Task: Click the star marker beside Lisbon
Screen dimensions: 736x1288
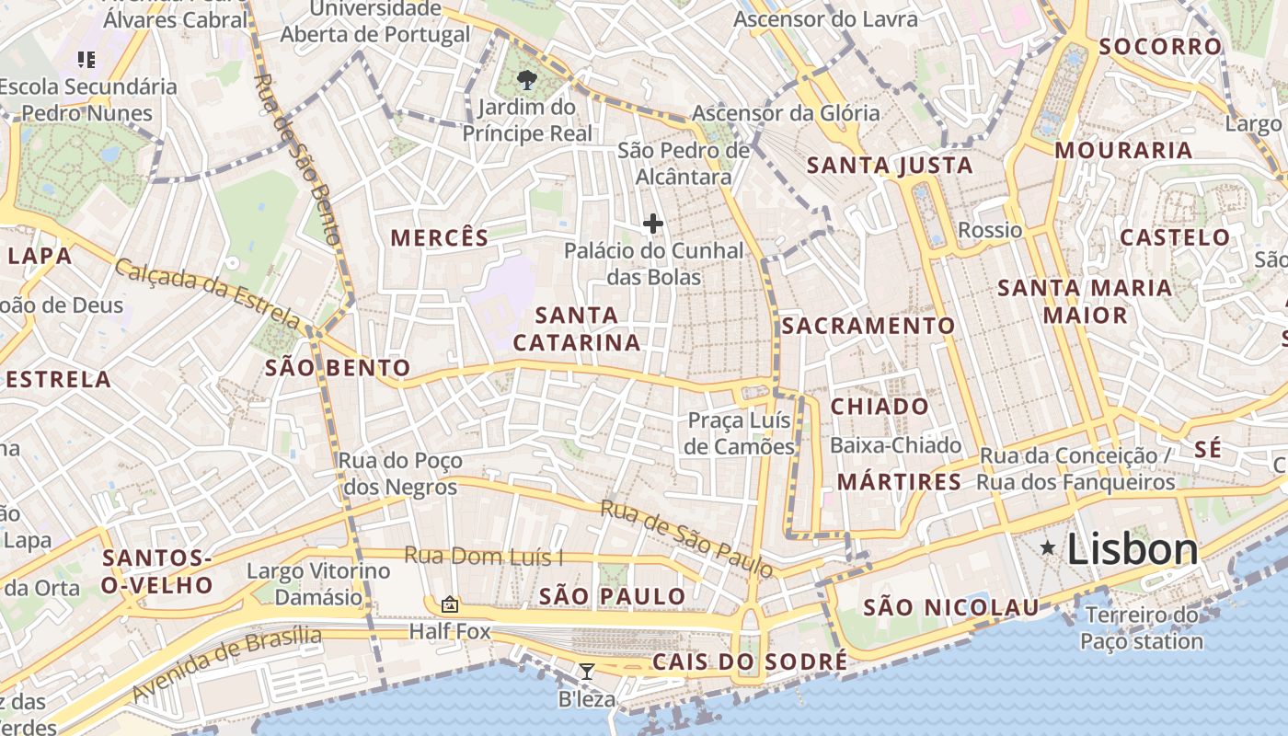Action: (x=1047, y=548)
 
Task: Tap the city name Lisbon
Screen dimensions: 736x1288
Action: (x=1133, y=550)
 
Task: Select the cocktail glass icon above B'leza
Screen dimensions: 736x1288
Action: (x=586, y=672)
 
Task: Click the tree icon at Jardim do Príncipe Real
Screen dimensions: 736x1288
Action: (x=527, y=80)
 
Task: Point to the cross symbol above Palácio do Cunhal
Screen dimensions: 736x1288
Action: (x=653, y=224)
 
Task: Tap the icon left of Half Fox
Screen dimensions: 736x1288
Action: (x=449, y=604)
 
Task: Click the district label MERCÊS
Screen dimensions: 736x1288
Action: (x=440, y=237)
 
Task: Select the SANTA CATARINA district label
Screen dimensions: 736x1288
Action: (x=577, y=329)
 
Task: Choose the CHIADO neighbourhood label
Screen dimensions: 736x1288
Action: (x=880, y=407)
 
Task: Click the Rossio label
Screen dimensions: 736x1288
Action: (x=990, y=230)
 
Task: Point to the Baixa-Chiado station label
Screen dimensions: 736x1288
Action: (x=895, y=446)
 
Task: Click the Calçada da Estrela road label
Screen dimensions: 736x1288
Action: (x=208, y=293)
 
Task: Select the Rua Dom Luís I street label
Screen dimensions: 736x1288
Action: (x=484, y=557)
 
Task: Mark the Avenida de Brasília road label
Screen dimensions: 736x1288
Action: (x=227, y=664)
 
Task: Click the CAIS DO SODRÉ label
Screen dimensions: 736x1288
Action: (x=750, y=662)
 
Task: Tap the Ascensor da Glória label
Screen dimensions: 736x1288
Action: (x=786, y=113)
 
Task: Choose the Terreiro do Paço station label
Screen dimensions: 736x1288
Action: (x=1142, y=628)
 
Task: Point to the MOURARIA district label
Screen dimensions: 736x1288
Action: (x=1123, y=150)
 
